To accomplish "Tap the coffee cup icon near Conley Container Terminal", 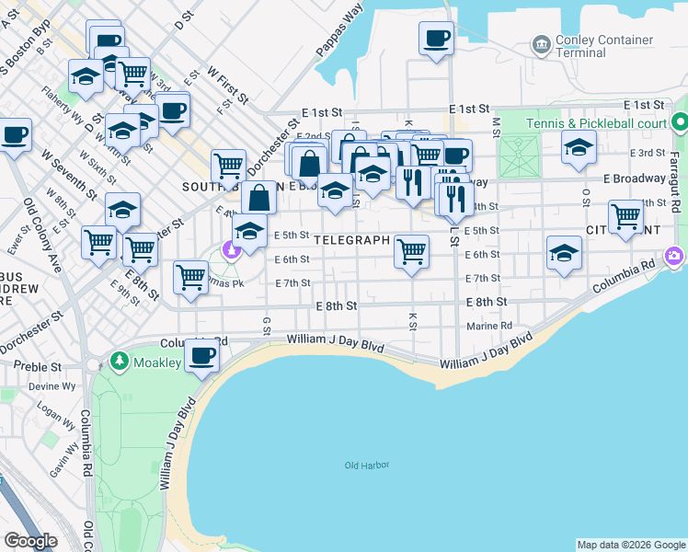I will tap(437, 39).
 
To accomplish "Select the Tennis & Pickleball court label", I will tap(597, 123).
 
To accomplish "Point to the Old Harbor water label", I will tap(363, 466).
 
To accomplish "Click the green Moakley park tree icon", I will tap(118, 359).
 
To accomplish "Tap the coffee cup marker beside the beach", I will tap(202, 355).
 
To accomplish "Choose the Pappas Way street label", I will tap(340, 33).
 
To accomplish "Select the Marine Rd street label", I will tap(489, 326).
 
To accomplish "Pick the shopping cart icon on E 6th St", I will tap(412, 251).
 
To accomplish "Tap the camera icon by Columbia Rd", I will tap(674, 255).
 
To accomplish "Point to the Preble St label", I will tap(44, 365).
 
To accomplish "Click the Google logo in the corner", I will tap(30, 540).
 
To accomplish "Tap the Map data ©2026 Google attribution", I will tap(630, 545).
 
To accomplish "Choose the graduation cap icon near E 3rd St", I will tap(579, 147).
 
